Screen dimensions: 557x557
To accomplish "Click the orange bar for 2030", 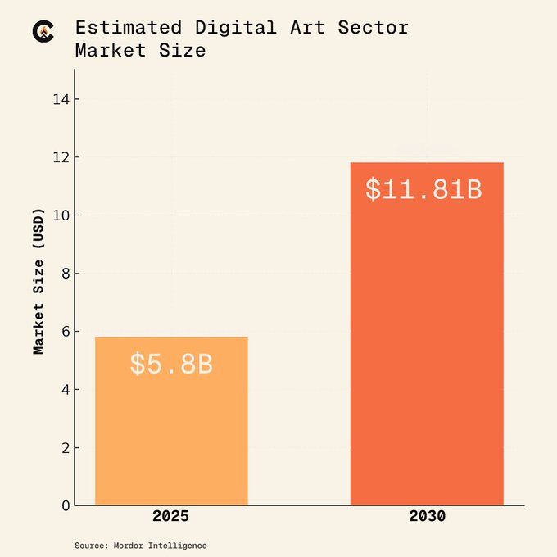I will click(427, 344).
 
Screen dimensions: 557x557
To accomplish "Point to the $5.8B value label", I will click(171, 364).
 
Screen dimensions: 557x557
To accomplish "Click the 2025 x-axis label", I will click(170, 517).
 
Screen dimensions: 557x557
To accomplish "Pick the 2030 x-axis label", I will click(427, 517).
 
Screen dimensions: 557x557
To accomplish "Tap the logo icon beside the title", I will click(43, 31).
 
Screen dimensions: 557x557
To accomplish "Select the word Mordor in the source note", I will click(132, 546).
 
